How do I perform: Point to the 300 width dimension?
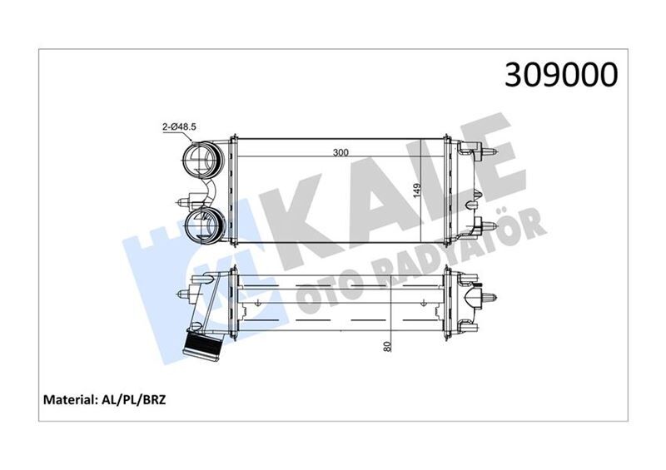click(339, 153)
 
